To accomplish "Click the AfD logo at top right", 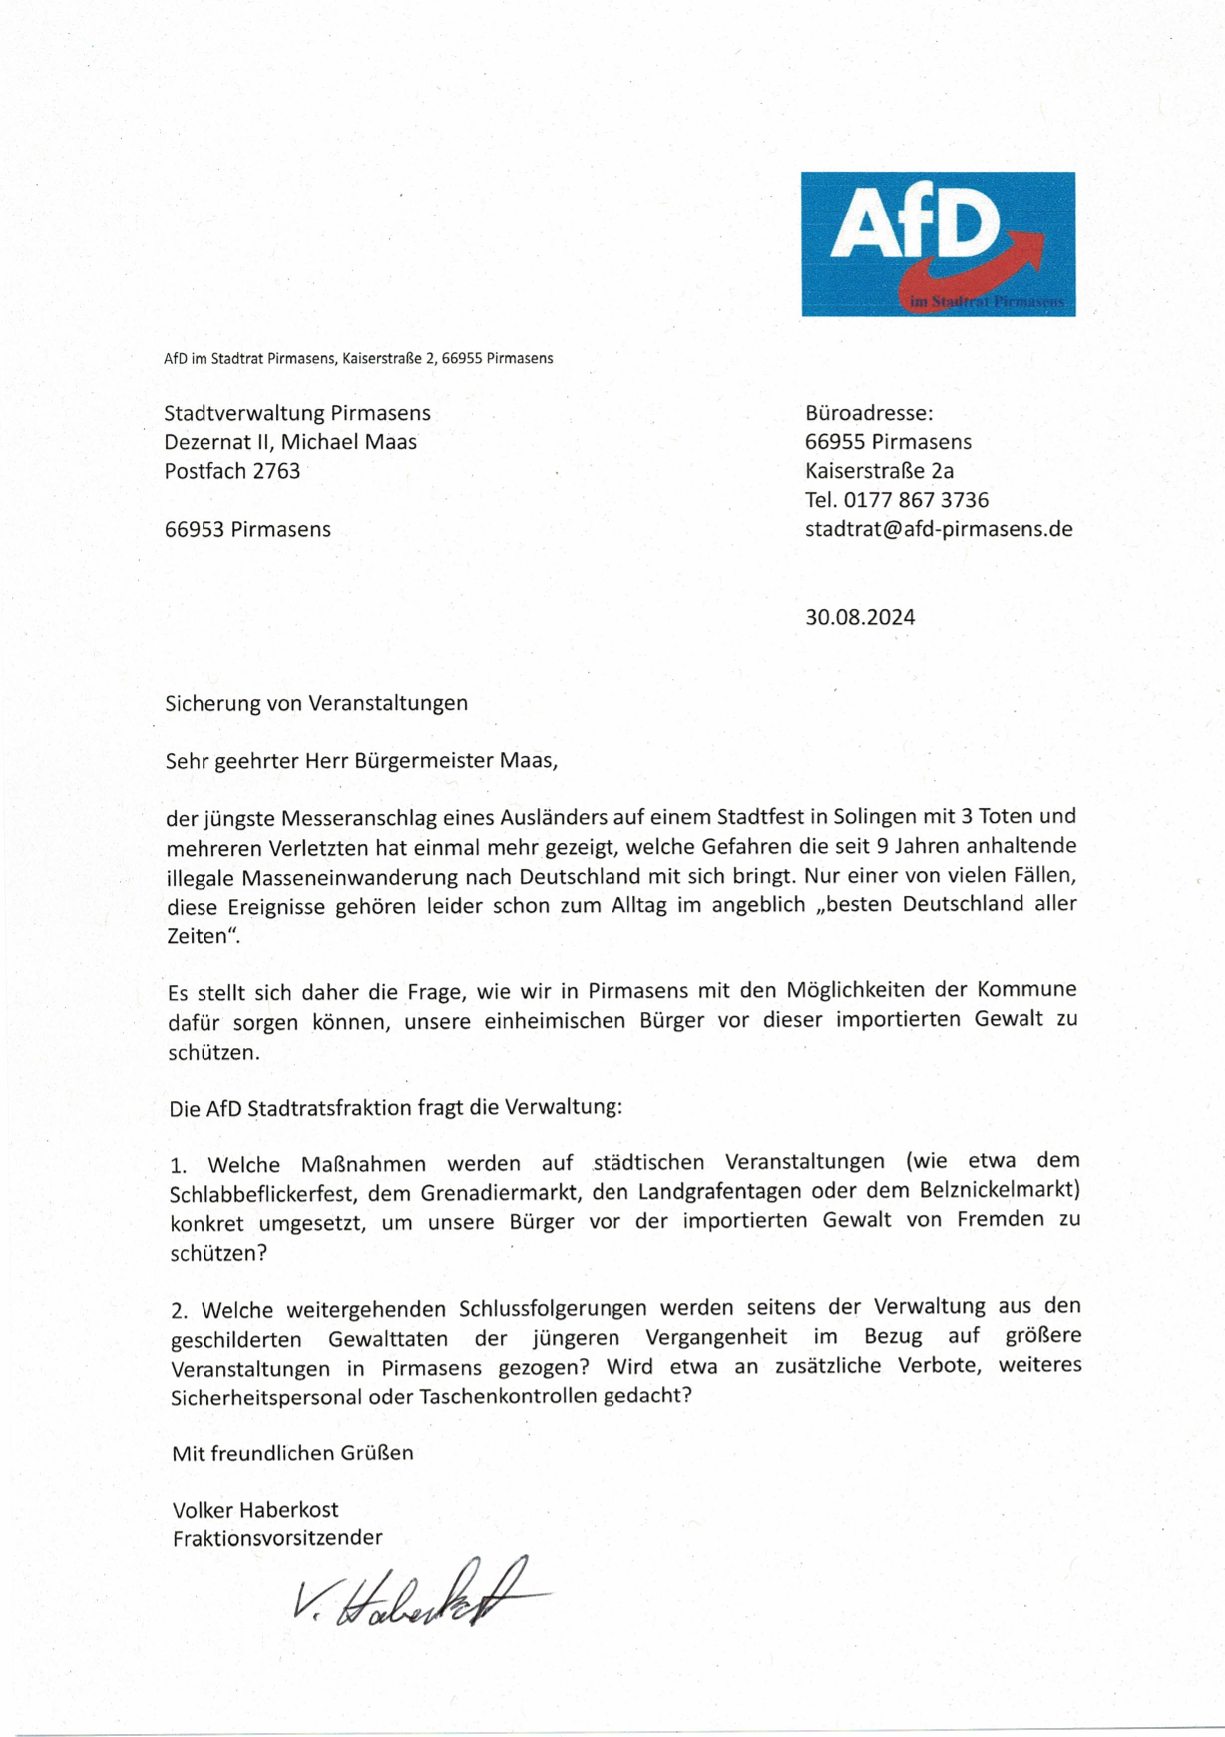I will click(938, 243).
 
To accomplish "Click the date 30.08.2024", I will click(860, 617).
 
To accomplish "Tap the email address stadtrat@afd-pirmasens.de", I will click(939, 529).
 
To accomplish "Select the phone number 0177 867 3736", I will click(916, 500).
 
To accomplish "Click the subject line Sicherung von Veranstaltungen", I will click(316, 703).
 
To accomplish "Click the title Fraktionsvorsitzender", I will click(277, 1537).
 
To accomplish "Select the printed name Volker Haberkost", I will click(255, 1509).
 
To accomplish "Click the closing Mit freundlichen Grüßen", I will click(292, 1453).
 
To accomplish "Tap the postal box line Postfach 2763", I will click(232, 471).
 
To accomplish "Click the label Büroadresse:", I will click(869, 413).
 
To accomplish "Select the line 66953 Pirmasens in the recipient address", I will click(247, 529).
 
